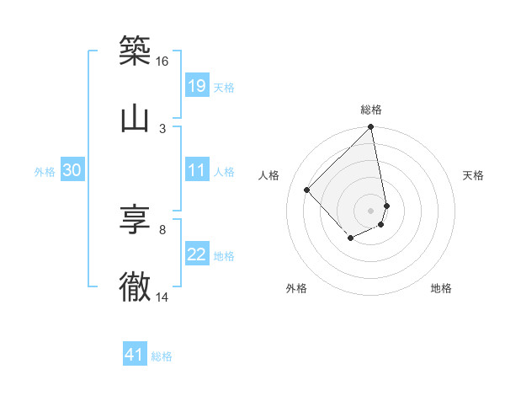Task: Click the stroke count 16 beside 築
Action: [162, 62]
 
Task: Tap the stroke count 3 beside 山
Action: [162, 128]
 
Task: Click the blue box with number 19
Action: [197, 85]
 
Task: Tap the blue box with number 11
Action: [197, 170]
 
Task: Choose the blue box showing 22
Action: [197, 254]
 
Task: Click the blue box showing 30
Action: [72, 170]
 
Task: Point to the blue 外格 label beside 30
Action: [45, 171]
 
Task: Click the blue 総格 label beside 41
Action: [162, 356]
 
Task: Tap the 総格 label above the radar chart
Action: [371, 110]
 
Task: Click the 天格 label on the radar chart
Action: [474, 175]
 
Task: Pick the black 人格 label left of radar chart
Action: [269, 175]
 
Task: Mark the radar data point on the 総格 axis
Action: [371, 127]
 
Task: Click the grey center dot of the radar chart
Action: [371, 210]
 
